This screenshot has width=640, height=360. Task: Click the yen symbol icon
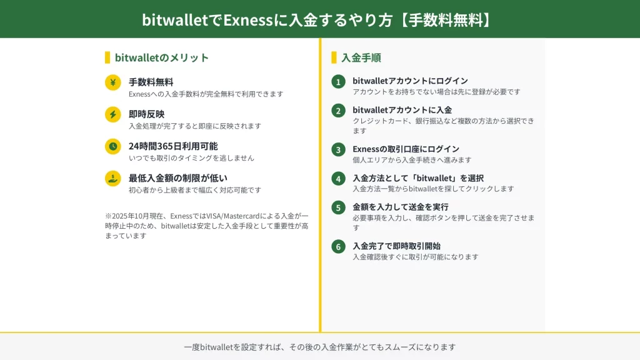(112, 82)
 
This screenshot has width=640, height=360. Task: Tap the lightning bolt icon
(112, 114)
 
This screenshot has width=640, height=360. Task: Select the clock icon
(112, 146)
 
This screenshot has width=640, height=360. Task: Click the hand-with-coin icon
(112, 178)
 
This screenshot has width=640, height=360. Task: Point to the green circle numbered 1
(338, 82)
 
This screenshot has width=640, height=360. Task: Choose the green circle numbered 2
(338, 111)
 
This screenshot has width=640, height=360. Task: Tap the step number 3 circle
(338, 150)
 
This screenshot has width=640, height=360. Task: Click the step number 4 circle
(338, 179)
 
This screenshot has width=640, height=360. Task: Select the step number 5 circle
(338, 207)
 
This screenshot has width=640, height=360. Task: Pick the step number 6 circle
(338, 246)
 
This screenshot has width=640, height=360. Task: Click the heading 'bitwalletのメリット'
(162, 57)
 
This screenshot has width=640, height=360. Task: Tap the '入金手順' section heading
(361, 57)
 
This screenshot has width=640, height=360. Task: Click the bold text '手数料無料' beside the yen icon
(151, 82)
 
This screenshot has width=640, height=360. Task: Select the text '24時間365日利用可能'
(173, 146)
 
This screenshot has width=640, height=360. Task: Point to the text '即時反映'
(146, 114)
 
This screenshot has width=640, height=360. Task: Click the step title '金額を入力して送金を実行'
(401, 207)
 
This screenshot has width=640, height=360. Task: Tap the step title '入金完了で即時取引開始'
(396, 246)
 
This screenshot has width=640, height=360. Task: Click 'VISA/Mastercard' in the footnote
(233, 216)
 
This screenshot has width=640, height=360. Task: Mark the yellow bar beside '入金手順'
(334, 57)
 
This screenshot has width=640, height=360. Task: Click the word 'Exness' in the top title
(247, 19)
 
